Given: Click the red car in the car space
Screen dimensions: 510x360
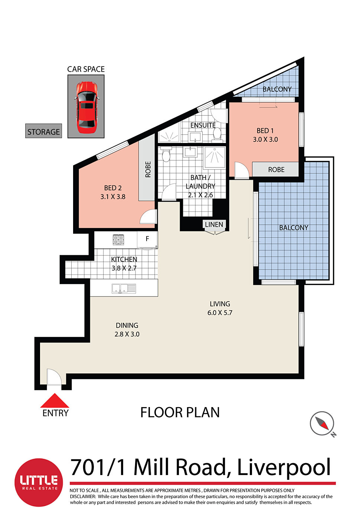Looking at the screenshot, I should [x=86, y=107].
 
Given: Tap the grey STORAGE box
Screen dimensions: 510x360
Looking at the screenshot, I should [x=43, y=131].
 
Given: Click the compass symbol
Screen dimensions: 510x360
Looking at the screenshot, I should [x=322, y=423].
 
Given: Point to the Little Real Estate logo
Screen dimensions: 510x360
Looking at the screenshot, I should [x=39, y=482].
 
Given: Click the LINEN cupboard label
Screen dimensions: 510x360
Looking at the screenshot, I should [x=214, y=224].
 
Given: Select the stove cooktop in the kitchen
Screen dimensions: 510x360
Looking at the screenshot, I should [x=118, y=240].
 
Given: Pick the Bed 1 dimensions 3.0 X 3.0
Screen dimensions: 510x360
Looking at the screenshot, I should [x=265, y=140].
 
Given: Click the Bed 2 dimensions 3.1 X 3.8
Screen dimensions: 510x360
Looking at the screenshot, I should [x=113, y=197].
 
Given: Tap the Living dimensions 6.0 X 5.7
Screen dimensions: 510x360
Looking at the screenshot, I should [x=220, y=313].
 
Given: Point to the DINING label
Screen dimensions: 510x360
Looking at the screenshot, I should [x=127, y=325].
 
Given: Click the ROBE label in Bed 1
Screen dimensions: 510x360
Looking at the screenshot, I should [x=276, y=170].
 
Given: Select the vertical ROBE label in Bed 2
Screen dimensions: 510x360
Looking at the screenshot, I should [x=148, y=169].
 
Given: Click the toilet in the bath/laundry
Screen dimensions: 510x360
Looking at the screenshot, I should [x=166, y=155].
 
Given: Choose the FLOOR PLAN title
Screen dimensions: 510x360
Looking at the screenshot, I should [x=180, y=412].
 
